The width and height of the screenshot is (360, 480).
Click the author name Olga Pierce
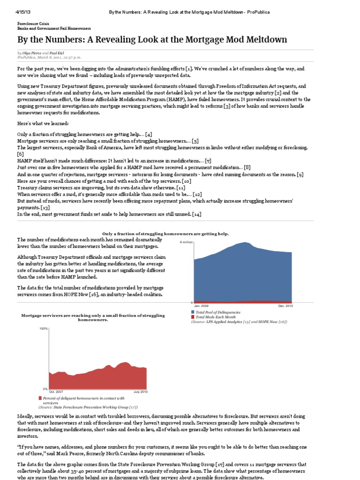(x=31, y=53)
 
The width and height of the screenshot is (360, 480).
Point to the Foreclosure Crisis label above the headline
(x=34, y=22)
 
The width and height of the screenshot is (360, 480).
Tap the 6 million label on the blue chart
(x=186, y=242)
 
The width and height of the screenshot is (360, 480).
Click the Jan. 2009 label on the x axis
(x=201, y=306)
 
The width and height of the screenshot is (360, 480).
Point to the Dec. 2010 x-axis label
(x=285, y=306)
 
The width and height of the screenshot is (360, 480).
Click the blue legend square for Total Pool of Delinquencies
(x=193, y=312)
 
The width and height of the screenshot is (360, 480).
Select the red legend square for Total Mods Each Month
(x=193, y=317)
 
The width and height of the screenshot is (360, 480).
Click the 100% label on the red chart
(x=44, y=329)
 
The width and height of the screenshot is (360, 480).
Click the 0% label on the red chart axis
(x=45, y=389)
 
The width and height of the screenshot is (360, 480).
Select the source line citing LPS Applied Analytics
(x=239, y=322)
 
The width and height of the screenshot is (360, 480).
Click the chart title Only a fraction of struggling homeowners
(x=165, y=233)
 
